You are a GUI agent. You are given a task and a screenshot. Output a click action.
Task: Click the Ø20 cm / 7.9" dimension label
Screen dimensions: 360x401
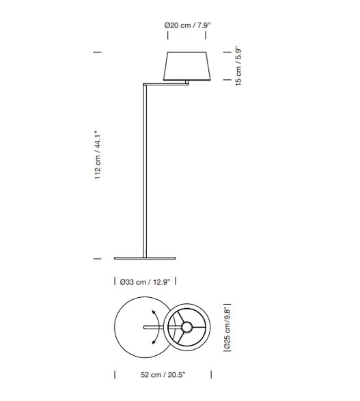[x=187, y=25]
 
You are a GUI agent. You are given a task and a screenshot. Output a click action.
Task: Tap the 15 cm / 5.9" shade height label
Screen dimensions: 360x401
[x=238, y=66]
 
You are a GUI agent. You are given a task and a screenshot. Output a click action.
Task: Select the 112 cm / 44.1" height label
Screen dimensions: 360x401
[x=98, y=155]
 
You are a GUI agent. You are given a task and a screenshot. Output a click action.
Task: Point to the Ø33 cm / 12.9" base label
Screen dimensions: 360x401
[x=145, y=282]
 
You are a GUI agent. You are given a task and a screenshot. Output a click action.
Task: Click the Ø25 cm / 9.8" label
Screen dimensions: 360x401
[x=227, y=328]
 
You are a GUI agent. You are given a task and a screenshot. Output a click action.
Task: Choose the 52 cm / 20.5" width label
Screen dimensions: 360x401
[x=163, y=374]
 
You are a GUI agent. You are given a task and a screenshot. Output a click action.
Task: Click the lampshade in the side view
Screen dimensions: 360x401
[x=187, y=66]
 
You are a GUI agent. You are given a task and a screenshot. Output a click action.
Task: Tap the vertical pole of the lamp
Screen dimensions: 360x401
[x=145, y=171]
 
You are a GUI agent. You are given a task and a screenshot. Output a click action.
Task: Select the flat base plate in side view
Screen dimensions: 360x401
[x=145, y=258]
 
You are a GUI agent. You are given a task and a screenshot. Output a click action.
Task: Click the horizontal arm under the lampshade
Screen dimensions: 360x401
[x=166, y=84]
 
